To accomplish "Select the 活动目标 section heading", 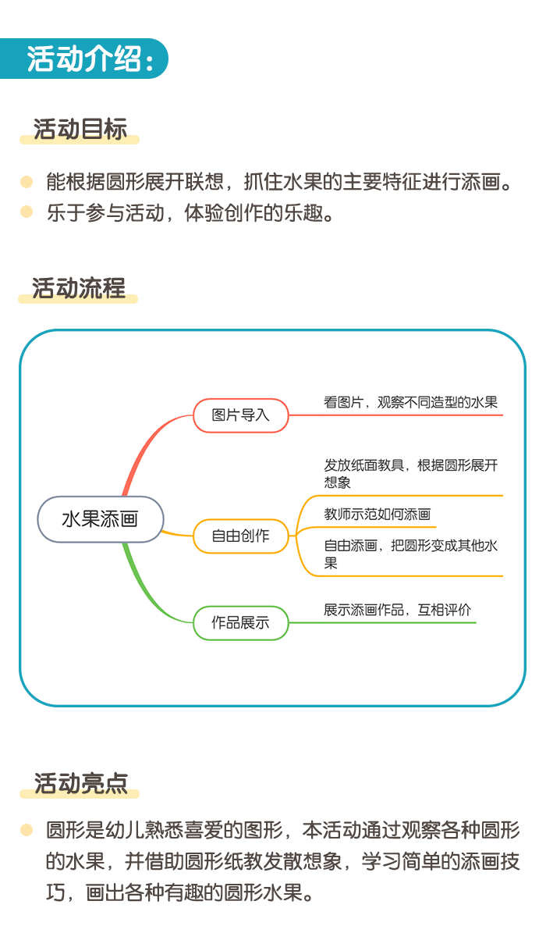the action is click(x=80, y=129).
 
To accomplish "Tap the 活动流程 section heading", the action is click(x=79, y=288).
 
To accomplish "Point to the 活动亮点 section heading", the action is click(x=80, y=783).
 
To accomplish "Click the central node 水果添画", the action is click(x=100, y=519).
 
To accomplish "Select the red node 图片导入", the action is click(x=241, y=415).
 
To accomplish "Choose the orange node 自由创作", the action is click(x=241, y=536).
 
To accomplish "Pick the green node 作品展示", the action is click(x=241, y=623).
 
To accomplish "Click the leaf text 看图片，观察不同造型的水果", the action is click(x=410, y=402).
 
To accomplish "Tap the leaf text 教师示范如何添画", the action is click(x=377, y=514).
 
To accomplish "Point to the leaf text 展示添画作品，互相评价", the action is click(x=397, y=610).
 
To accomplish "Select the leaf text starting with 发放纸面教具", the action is click(x=410, y=474).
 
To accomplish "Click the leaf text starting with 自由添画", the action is click(x=410, y=554).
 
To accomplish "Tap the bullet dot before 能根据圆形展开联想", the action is click(x=27, y=181).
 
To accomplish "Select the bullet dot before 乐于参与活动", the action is click(x=27, y=212).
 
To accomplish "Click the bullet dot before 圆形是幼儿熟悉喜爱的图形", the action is click(x=27, y=829).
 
